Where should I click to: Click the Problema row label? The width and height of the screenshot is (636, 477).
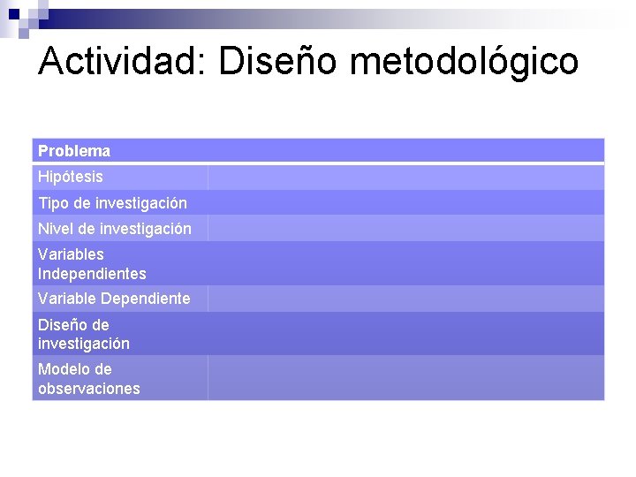pyautogui.click(x=74, y=151)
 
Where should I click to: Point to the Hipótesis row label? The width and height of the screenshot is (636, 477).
pyautogui.click(x=71, y=177)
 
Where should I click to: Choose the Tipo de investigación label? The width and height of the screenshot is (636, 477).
pyautogui.click(x=112, y=203)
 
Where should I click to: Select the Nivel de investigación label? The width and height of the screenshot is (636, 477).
pyautogui.click(x=114, y=229)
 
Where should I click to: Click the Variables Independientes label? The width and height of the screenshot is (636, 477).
pyautogui.click(x=92, y=263)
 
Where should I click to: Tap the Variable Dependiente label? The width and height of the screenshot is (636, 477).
pyautogui.click(x=114, y=299)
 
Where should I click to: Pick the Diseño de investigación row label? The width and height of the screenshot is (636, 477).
pyautogui.click(x=84, y=334)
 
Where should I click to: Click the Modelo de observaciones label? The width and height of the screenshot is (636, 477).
pyautogui.click(x=88, y=378)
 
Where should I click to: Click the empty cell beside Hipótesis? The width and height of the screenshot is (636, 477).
pyautogui.click(x=406, y=177)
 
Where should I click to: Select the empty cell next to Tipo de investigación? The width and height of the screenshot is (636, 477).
pyautogui.click(x=406, y=203)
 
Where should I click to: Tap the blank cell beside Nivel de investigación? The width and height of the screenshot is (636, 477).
pyautogui.click(x=406, y=229)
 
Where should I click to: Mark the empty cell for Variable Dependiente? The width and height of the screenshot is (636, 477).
pyautogui.click(x=406, y=299)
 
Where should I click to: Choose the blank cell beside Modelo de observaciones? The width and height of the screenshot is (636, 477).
pyautogui.click(x=406, y=378)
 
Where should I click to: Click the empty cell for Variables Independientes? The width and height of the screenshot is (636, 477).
pyautogui.click(x=406, y=263)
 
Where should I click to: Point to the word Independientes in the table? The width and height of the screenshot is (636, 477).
pyautogui.click(x=92, y=274)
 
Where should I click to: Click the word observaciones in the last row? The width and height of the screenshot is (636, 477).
pyautogui.click(x=88, y=389)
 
